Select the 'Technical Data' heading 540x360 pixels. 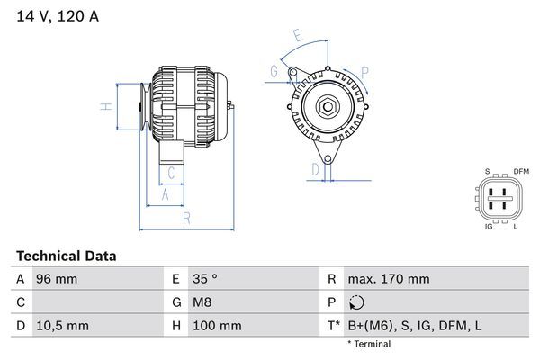(x=66, y=256)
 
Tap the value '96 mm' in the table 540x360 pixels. (x=56, y=279)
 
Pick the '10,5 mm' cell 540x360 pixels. (x=61, y=325)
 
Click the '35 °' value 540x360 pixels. (x=209, y=279)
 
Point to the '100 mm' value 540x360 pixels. (x=216, y=325)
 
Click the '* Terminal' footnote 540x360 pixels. (x=369, y=344)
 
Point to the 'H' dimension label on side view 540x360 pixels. (x=106, y=108)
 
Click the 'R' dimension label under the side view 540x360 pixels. (x=185, y=219)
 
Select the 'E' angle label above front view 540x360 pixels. (x=297, y=37)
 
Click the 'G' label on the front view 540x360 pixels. (x=274, y=71)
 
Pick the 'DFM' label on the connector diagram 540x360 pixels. (x=521, y=171)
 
